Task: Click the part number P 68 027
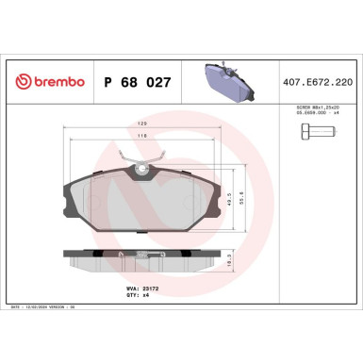pos(136,83)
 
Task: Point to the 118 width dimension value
pos(140,138)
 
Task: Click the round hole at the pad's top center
pos(141,171)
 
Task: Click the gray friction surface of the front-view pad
pos(141,207)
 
